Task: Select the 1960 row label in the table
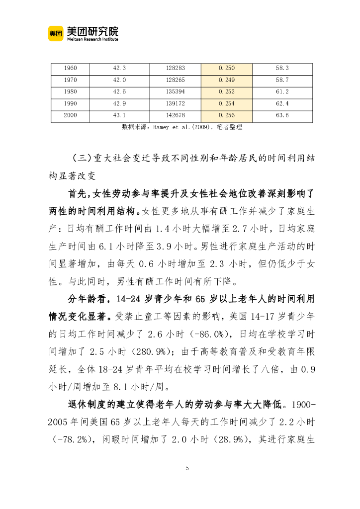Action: pyautogui.click(x=71, y=68)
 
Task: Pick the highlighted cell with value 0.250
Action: pyautogui.click(x=226, y=68)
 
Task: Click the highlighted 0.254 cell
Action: pyautogui.click(x=226, y=104)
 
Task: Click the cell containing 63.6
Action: pyautogui.click(x=282, y=116)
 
